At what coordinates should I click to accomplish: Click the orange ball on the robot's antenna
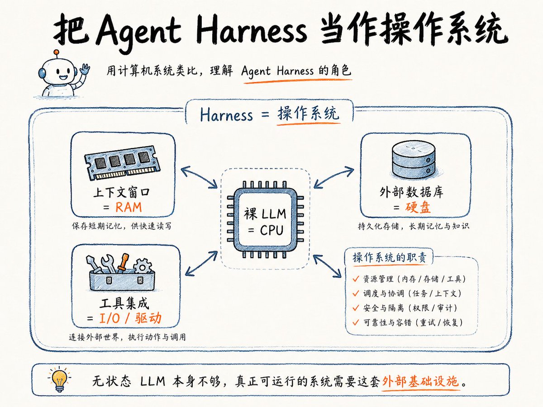pyautogui.click(x=57, y=52)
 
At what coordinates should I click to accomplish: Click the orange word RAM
pyautogui.click(x=129, y=207)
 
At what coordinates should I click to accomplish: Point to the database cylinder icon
pyautogui.click(x=414, y=159)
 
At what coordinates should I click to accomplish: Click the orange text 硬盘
pyautogui.click(x=418, y=207)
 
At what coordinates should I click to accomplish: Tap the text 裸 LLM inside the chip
pyautogui.click(x=265, y=214)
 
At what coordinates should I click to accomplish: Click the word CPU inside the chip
pyautogui.click(x=271, y=230)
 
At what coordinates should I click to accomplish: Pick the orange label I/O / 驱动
pyautogui.click(x=130, y=318)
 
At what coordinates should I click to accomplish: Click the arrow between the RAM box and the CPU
pyautogui.click(x=199, y=177)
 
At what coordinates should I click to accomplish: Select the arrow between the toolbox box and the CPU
pyautogui.click(x=201, y=264)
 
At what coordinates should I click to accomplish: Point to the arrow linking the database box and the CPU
pyautogui.click(x=333, y=177)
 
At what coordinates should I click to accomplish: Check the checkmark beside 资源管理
pyautogui.click(x=356, y=279)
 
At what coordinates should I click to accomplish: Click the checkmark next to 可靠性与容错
pyautogui.click(x=356, y=322)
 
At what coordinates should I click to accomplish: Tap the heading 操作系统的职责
pyautogui.click(x=390, y=258)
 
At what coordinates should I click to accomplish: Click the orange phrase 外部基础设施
pyautogui.click(x=420, y=381)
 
